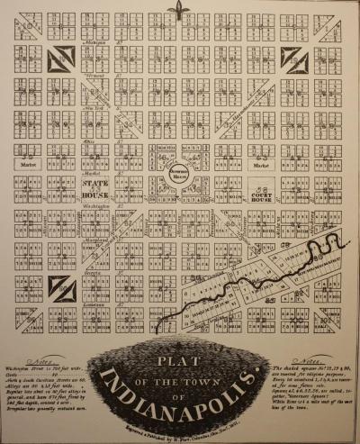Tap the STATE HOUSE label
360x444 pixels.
point(96,185)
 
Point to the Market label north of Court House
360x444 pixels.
point(261,166)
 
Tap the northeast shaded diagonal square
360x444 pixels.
point(295,59)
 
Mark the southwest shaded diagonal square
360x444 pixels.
point(60,289)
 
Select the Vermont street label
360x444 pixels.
point(94,77)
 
